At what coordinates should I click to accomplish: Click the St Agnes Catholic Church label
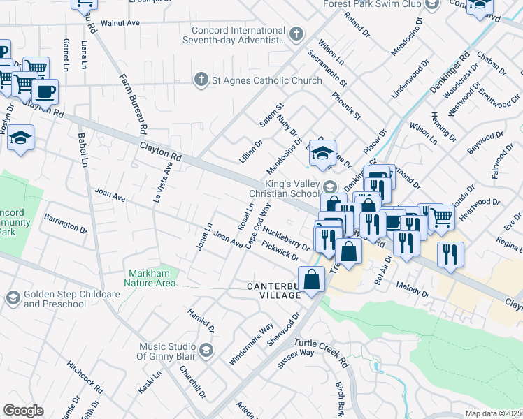point(266,80)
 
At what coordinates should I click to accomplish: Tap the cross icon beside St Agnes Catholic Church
point(201,80)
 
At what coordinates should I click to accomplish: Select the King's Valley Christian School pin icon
point(331,186)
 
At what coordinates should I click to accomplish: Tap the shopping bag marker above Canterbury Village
point(312,279)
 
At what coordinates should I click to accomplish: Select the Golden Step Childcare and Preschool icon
point(12,298)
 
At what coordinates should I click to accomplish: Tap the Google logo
point(23,411)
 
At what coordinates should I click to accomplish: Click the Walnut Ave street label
point(120,23)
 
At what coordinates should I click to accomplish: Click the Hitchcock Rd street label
point(86,377)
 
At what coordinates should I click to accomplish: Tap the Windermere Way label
point(251,344)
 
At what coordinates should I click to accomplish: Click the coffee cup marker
point(45,91)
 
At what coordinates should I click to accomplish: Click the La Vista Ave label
point(163,182)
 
